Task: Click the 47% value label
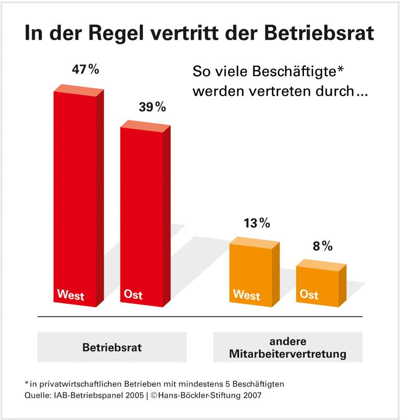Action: pos(85,70)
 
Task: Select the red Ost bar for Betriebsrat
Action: pos(141,214)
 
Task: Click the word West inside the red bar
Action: pos(70,295)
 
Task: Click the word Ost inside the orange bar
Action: pos(309,295)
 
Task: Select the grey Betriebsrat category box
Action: pos(112,347)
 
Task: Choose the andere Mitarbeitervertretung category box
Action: pos(287,347)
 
